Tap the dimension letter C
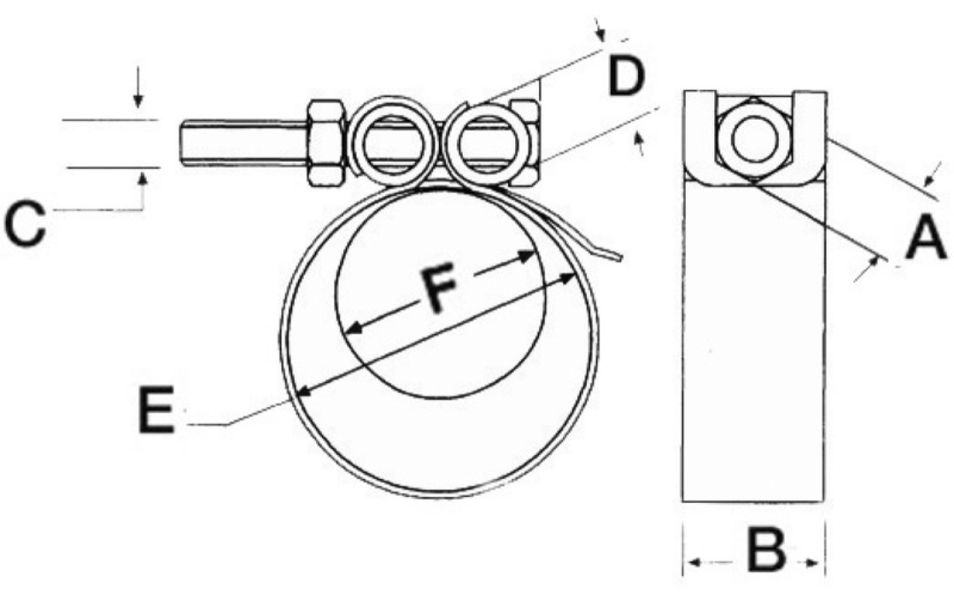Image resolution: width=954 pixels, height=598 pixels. click(x=25, y=224)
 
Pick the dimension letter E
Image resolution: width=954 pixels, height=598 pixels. click(x=156, y=409)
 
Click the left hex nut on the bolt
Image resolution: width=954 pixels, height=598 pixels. click(x=326, y=144)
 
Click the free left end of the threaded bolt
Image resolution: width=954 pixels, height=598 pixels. click(x=183, y=144)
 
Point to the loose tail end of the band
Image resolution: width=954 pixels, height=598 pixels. click(x=620, y=256)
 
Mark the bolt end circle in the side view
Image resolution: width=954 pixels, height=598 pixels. click(x=755, y=139)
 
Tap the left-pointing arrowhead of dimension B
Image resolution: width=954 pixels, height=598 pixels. click(x=695, y=563)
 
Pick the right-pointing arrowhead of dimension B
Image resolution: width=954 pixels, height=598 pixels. click(x=813, y=563)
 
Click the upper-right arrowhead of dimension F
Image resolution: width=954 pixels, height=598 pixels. click(x=526, y=256)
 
